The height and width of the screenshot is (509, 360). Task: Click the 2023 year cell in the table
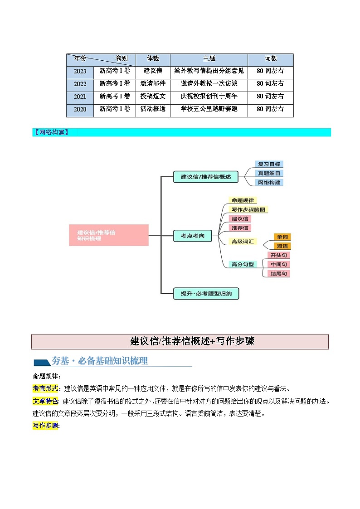(x=80, y=71)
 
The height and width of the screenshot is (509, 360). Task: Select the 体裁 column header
(x=153, y=59)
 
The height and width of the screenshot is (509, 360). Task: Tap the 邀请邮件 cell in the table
(x=153, y=84)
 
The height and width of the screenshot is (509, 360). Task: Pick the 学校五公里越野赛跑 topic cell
(x=209, y=109)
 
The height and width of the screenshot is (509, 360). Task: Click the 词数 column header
(x=270, y=59)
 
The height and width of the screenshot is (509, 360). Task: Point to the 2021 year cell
(x=80, y=97)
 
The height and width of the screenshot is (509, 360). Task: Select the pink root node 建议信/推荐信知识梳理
(x=109, y=235)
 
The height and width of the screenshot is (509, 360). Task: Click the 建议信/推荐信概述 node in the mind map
(x=206, y=177)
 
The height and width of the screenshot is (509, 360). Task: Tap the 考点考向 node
(x=193, y=236)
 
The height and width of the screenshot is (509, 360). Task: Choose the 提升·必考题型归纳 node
(x=206, y=294)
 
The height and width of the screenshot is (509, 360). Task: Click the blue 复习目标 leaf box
(x=269, y=165)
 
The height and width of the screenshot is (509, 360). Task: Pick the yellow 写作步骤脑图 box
(x=248, y=209)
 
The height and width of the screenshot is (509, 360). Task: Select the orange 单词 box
(x=282, y=237)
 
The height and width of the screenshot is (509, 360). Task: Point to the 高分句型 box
(x=243, y=264)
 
